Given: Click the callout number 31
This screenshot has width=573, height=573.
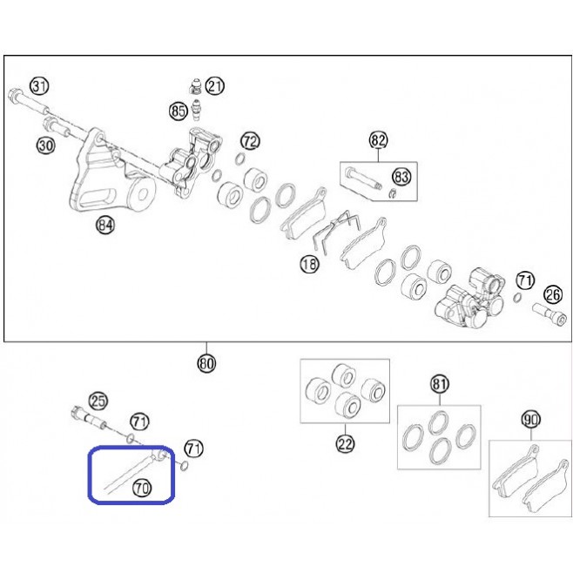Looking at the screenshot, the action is pyautogui.click(x=39, y=86).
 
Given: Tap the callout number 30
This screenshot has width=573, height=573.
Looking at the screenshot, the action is pyautogui.click(x=45, y=145).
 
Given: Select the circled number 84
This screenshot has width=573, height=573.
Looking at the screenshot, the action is pyautogui.click(x=105, y=225).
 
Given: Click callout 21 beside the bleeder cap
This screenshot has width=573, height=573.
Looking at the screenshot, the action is pyautogui.click(x=215, y=86).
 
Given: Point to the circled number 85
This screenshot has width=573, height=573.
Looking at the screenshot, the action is pyautogui.click(x=179, y=111).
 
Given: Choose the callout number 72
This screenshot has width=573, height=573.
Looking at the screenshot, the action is pyautogui.click(x=250, y=141).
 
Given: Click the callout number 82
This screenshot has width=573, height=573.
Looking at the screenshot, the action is pyautogui.click(x=378, y=140).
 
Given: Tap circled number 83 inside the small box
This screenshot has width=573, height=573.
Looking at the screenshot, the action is pyautogui.click(x=401, y=177).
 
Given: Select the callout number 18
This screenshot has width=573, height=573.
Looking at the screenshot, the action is pyautogui.click(x=309, y=264).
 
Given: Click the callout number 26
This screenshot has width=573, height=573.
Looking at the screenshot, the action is pyautogui.click(x=553, y=294).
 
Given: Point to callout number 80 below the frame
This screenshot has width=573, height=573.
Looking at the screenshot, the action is pyautogui.click(x=206, y=364).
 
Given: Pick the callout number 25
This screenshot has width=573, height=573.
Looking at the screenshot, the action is pyautogui.click(x=98, y=401).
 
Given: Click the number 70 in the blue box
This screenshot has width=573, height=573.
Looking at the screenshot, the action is pyautogui.click(x=142, y=488).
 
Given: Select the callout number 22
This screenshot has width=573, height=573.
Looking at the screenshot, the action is pyautogui.click(x=346, y=444).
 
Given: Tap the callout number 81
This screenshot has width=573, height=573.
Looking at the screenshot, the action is pyautogui.click(x=439, y=384).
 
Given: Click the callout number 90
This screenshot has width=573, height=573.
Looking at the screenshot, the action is pyautogui.click(x=531, y=420).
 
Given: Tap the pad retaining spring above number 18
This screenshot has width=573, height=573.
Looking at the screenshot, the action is pyautogui.click(x=337, y=230).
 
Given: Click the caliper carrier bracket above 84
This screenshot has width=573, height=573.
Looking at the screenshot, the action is pyautogui.click(x=111, y=172).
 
